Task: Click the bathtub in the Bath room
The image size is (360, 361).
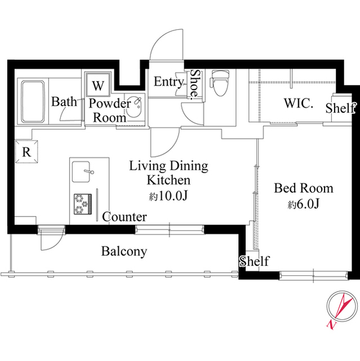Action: coord(33,102)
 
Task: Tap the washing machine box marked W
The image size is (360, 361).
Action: coord(98,85)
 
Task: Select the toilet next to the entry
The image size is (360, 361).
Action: coord(220,82)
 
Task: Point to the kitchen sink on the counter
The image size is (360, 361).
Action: coord(81,171)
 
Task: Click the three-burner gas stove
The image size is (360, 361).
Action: coord(83,204)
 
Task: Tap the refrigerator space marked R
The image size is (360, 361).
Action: coord(26,152)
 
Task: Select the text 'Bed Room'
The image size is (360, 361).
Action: coord(304,188)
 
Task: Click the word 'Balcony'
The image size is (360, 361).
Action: coord(124,252)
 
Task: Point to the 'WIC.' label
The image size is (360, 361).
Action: coord(299,103)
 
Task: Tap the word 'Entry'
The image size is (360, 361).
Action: coord(168,82)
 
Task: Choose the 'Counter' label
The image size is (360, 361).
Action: coord(125,217)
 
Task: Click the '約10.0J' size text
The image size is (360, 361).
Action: coord(168,196)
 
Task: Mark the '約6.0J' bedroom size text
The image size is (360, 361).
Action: coord(304,204)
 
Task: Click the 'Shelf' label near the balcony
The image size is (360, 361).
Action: coord(254,261)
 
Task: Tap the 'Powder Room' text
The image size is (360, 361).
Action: coord(110,111)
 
